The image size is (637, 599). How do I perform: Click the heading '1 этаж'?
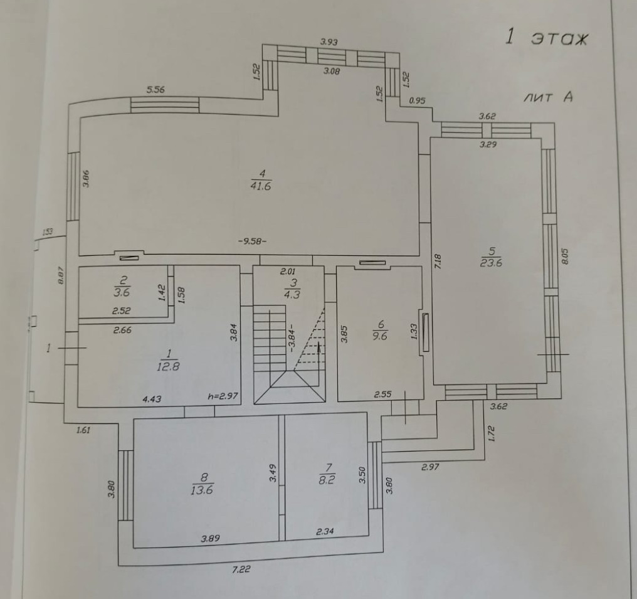pyautogui.click(x=547, y=38)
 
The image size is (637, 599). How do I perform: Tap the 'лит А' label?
pyautogui.click(x=549, y=98)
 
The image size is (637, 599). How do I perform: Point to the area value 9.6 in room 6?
pyautogui.click(x=380, y=335)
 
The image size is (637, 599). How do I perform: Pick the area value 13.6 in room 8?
pyautogui.click(x=203, y=490)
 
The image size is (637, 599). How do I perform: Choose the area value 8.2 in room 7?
pyautogui.click(x=328, y=484)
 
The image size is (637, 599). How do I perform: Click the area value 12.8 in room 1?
pyautogui.click(x=168, y=367)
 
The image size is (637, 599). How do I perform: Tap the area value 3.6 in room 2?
pyautogui.click(x=122, y=292)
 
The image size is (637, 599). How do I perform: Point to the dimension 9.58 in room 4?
pyautogui.click(x=253, y=241)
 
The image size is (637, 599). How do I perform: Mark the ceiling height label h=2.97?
pyautogui.click(x=223, y=396)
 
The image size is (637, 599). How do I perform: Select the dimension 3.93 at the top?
pyautogui.click(x=329, y=42)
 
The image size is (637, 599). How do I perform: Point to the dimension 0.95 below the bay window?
pyautogui.click(x=417, y=100)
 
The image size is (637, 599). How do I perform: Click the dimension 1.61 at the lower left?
pyautogui.click(x=83, y=430)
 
